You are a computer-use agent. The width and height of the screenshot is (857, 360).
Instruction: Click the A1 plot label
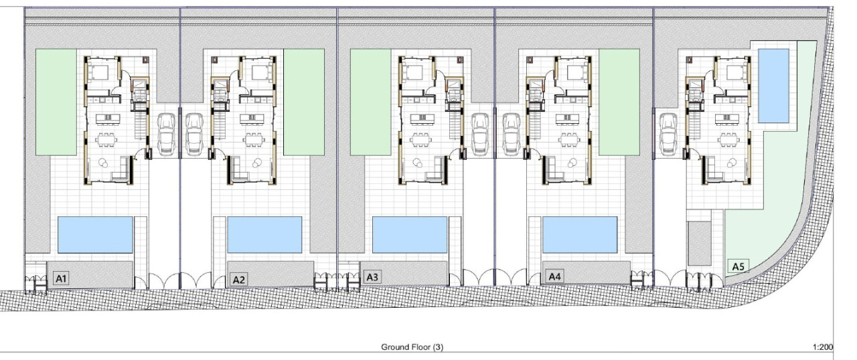click(x=61, y=278)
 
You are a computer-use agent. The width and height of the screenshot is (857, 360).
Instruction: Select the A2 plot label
click(x=239, y=280)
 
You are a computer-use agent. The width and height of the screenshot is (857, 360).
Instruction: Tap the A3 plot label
click(x=372, y=277)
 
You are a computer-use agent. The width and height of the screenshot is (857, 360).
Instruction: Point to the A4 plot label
click(x=555, y=276)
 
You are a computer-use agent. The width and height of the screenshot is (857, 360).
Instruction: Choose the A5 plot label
click(x=738, y=266)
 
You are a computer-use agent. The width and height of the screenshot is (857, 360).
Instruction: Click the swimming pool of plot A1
click(x=95, y=235)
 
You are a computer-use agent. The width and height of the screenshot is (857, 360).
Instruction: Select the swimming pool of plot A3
click(x=410, y=235)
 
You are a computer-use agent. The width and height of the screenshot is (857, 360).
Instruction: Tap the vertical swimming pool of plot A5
click(x=773, y=86)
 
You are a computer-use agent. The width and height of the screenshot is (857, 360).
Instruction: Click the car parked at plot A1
click(x=166, y=134)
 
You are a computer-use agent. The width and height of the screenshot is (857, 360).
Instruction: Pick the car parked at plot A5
click(x=668, y=134)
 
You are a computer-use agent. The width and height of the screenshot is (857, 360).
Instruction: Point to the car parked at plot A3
click(x=480, y=134)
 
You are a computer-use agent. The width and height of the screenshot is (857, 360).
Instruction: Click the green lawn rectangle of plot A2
click(x=304, y=102)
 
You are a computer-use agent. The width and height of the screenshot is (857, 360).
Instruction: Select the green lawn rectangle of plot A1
click(x=56, y=102)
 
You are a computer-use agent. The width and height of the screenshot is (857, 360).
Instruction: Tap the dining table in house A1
click(x=106, y=139)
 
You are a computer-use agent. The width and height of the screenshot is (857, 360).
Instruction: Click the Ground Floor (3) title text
click(x=412, y=347)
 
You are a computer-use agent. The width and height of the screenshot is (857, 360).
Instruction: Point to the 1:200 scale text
click(x=823, y=347)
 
